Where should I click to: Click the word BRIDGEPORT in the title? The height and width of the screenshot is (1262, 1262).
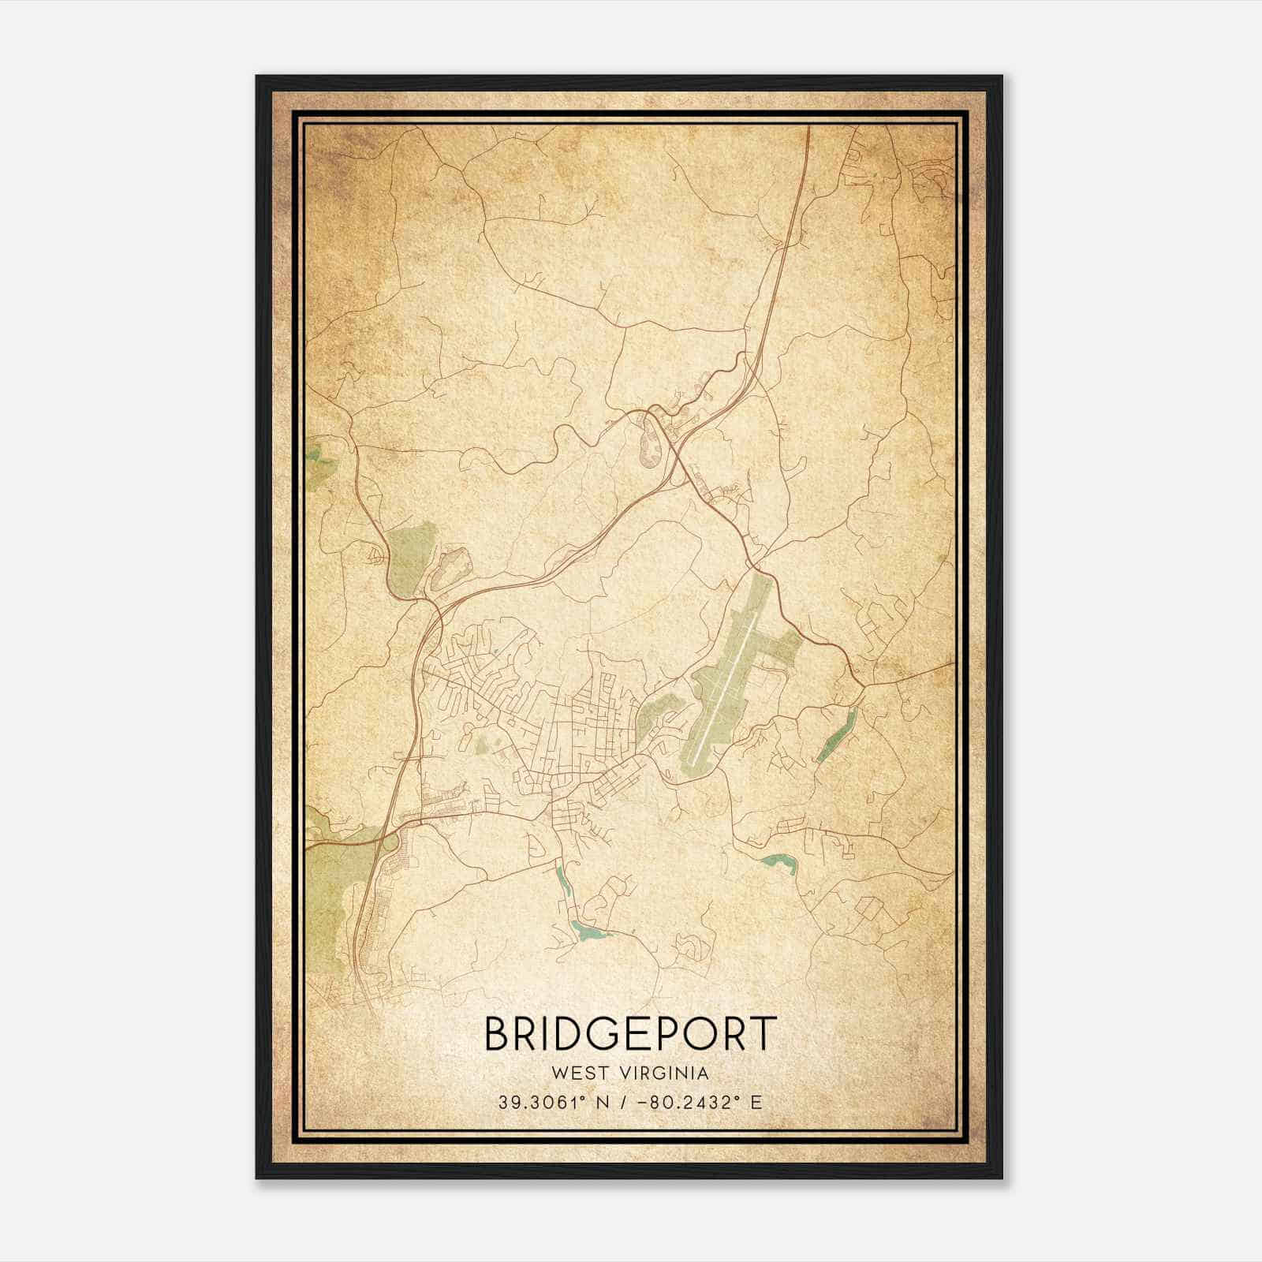pyautogui.click(x=630, y=1033)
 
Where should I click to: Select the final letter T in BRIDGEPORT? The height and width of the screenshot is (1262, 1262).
pyautogui.click(x=763, y=1033)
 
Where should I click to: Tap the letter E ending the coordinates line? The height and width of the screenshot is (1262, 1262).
pyautogui.click(x=756, y=1102)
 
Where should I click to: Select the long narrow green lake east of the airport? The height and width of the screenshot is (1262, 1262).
pyautogui.click(x=837, y=733)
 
